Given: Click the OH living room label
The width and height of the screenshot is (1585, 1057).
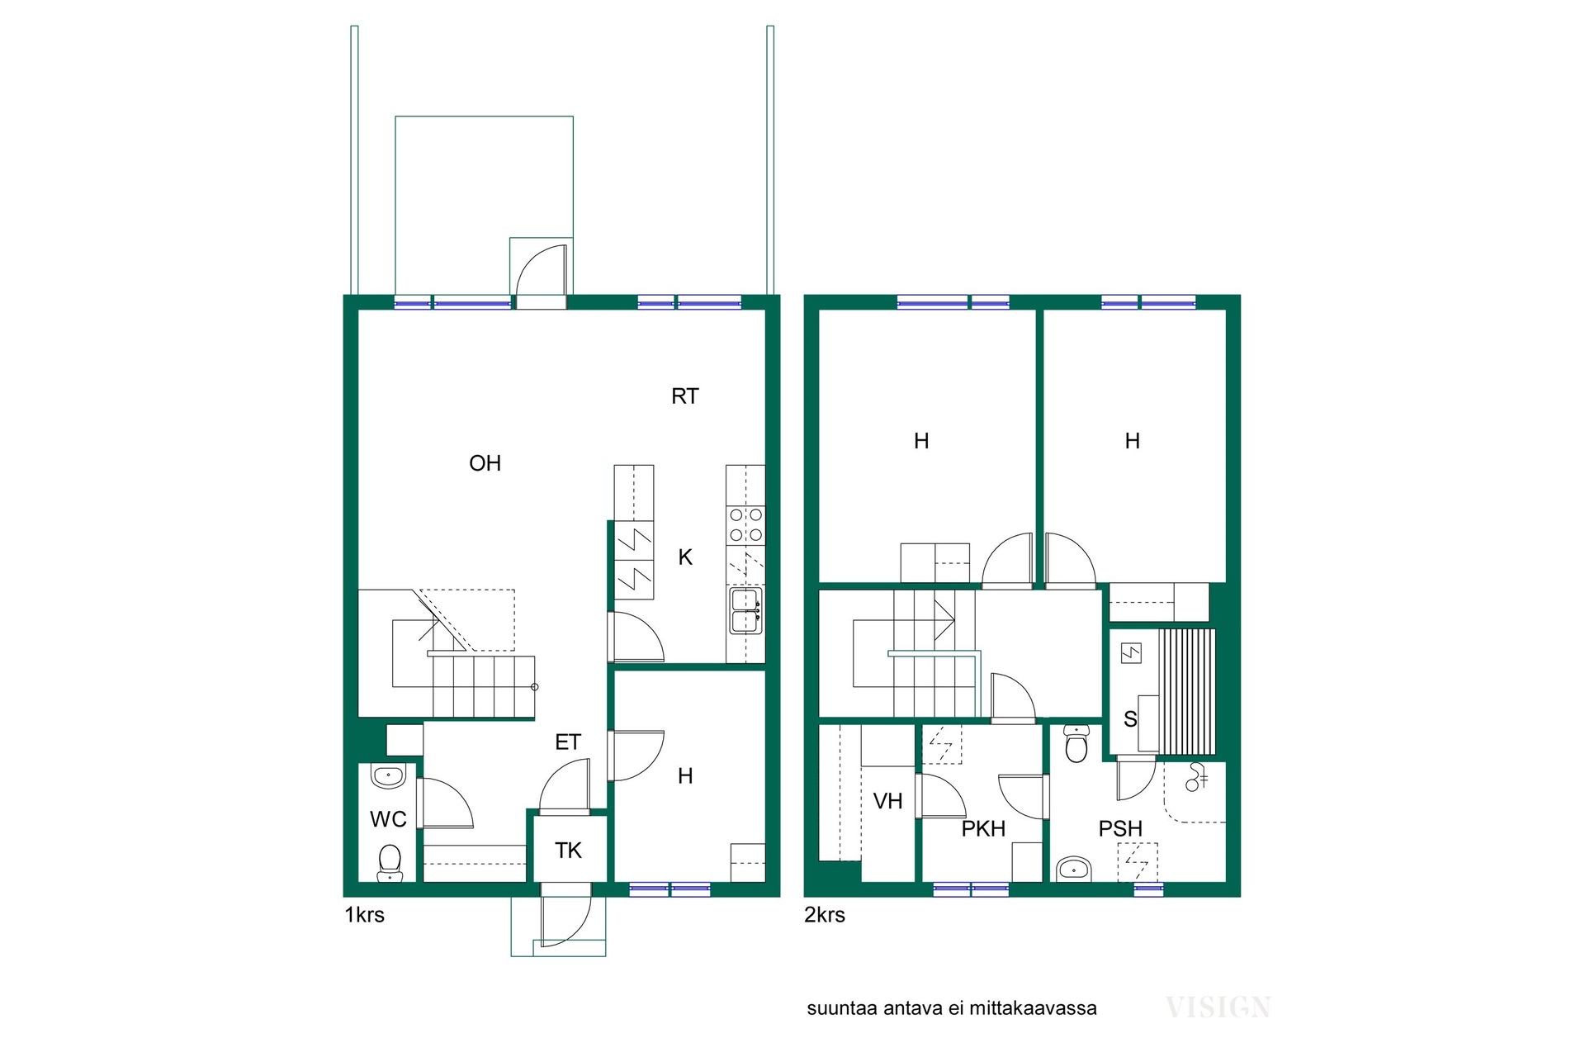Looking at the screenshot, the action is (485, 463).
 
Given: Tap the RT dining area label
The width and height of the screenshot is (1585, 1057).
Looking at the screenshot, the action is (684, 396).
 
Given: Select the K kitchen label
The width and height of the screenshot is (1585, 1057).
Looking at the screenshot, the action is (685, 557).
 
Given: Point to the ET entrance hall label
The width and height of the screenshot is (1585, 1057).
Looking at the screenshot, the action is (568, 742).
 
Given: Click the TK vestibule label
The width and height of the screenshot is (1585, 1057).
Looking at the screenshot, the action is (568, 851).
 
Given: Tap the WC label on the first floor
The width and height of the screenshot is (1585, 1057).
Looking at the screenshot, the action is (388, 819).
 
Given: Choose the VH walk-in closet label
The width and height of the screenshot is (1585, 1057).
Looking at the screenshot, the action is (887, 801).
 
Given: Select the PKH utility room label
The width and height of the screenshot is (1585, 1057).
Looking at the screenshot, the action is (983, 828).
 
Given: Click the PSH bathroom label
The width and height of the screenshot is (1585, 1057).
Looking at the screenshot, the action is (1120, 828).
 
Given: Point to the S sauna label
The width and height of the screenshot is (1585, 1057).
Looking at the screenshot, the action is (1130, 719).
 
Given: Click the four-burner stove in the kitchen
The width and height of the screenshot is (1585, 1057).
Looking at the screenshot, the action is (745, 525).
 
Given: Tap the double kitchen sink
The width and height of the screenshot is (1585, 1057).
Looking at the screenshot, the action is (745, 611).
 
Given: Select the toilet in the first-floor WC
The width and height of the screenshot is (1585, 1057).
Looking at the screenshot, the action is (389, 862).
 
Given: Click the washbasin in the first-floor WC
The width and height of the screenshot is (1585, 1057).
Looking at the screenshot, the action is (388, 776).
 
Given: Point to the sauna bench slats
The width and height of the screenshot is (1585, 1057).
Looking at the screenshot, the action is (1188, 692).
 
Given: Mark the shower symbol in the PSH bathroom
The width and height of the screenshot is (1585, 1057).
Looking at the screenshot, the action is (1195, 777).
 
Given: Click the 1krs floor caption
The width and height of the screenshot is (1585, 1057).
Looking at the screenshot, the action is (364, 915).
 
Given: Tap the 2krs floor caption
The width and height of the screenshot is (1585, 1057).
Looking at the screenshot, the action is (825, 915).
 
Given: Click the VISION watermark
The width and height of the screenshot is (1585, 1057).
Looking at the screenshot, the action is (1218, 1007).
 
